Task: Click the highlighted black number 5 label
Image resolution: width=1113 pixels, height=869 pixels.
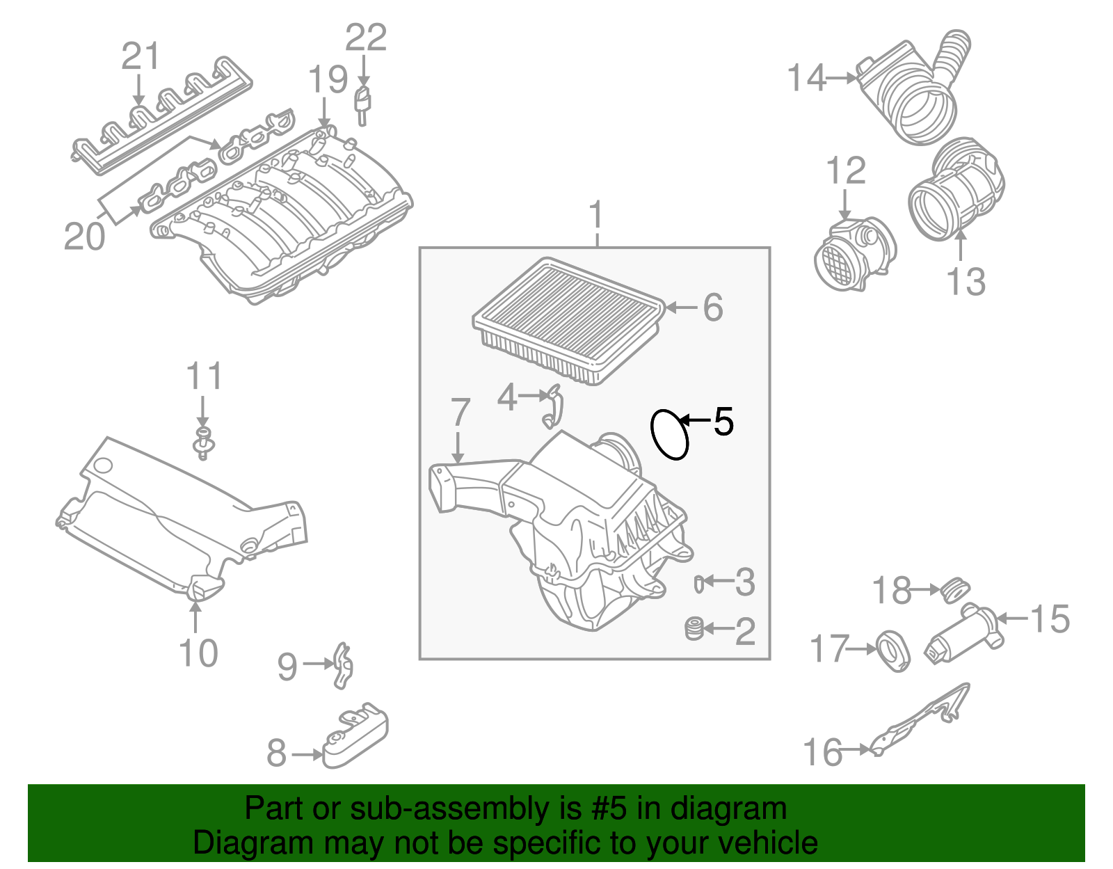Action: point(723,422)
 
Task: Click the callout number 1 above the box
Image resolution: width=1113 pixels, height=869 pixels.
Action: point(596,217)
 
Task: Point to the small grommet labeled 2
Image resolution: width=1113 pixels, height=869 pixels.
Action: point(694,628)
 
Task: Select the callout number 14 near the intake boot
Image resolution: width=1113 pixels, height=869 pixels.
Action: point(806,78)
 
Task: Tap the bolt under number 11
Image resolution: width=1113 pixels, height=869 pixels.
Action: point(202,444)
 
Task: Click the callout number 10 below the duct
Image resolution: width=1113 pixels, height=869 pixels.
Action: point(198,653)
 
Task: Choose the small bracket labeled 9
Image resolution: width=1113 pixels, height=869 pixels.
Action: point(343,665)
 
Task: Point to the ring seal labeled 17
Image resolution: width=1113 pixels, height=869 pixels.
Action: point(892,650)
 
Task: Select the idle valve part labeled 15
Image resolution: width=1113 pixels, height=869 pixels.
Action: point(965,632)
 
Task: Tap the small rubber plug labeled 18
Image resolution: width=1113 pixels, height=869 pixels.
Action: point(954,589)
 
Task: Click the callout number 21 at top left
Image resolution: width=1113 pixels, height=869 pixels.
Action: point(141,56)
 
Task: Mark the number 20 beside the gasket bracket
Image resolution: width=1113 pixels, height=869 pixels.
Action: point(84,237)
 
